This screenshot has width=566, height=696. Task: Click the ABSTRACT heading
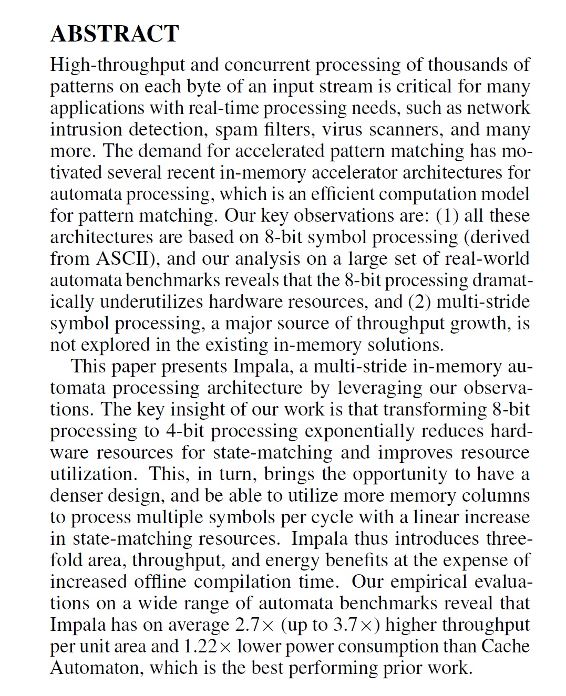(115, 34)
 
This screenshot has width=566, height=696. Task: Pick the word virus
(342, 130)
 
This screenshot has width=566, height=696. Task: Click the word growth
(478, 324)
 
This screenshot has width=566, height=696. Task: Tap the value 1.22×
(208, 647)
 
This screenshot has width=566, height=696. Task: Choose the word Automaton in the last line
(97, 668)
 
